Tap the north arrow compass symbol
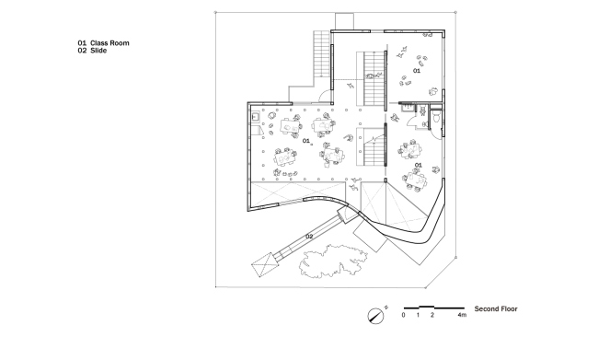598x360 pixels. pyautogui.click(x=375, y=314)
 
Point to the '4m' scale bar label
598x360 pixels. pyautogui.click(x=462, y=316)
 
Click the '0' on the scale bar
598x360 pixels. pyautogui.click(x=403, y=316)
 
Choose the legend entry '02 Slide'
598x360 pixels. pyautogui.click(x=95, y=51)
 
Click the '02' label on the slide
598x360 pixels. pyautogui.click(x=309, y=238)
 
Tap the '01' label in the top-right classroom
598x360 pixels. pyautogui.click(x=416, y=70)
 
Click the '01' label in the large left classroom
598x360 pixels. pyautogui.click(x=306, y=141)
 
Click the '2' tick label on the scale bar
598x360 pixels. pyautogui.click(x=431, y=316)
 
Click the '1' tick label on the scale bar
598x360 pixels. pyautogui.click(x=418, y=316)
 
